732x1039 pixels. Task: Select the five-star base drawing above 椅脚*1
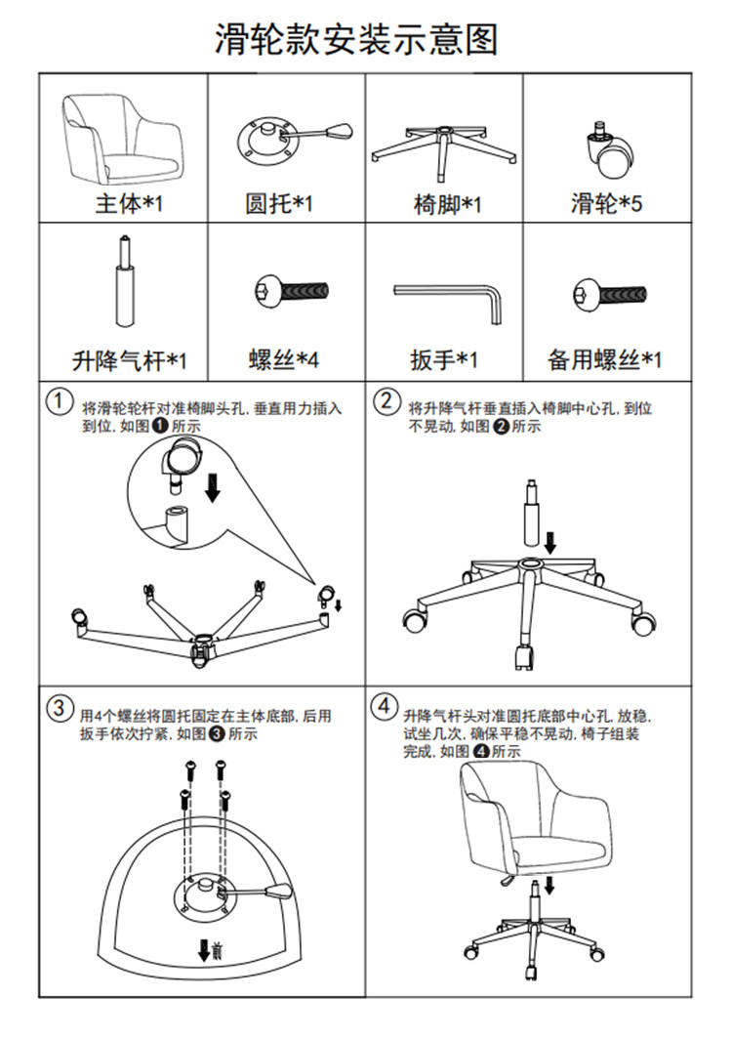tap(445, 146)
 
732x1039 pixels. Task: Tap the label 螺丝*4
tap(283, 360)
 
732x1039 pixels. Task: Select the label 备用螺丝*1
tap(604, 360)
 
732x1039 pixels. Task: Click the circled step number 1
tap(60, 401)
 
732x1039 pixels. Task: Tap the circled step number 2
tap(387, 401)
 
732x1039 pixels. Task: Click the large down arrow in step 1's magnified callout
tap(212, 485)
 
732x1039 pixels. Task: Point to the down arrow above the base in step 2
tap(551, 540)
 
